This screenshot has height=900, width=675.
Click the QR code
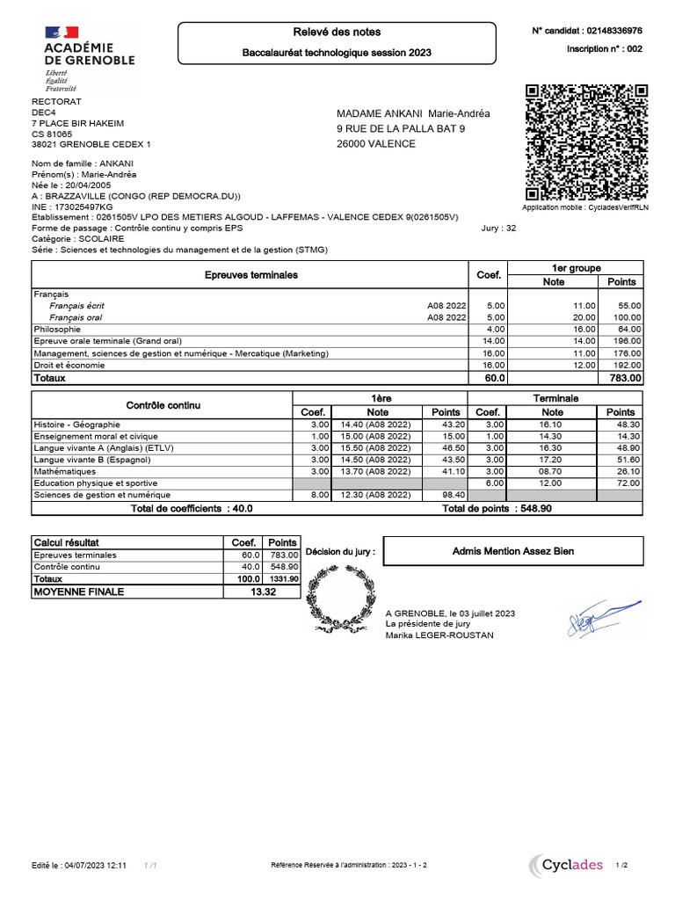585,142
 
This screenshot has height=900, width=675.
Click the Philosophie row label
56,329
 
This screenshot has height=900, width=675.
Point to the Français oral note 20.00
584,317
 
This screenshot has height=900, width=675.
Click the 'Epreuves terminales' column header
250,275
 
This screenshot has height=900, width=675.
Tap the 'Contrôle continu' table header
163,405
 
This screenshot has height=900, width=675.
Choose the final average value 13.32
263,592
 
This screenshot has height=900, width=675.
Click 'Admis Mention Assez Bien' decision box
513,551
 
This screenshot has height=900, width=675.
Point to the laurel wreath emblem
338,599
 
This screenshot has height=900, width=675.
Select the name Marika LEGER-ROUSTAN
439,635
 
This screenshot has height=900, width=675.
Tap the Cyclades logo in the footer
567,865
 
